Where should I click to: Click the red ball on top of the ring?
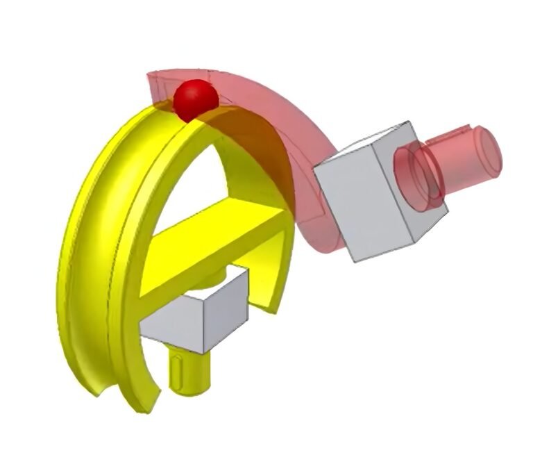click(x=196, y=99)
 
